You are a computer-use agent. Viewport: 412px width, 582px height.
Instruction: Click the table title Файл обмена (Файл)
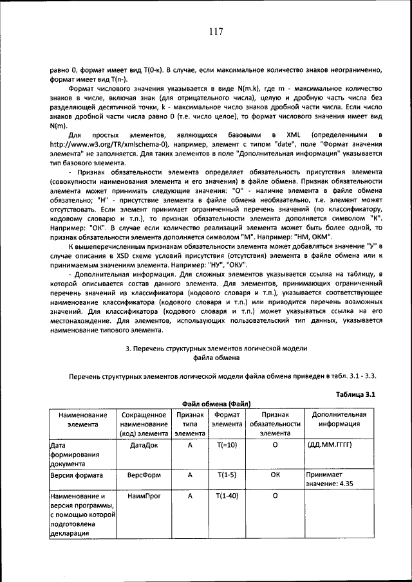click(x=216, y=403)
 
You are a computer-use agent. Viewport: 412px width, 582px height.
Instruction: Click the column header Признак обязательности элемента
click(x=275, y=424)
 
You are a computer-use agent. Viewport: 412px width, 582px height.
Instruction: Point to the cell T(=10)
click(x=227, y=444)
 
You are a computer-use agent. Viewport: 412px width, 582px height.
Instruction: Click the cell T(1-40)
click(x=227, y=496)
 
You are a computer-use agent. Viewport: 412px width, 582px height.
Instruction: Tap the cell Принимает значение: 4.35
click(x=329, y=480)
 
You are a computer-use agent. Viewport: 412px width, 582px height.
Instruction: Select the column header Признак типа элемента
click(x=190, y=424)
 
